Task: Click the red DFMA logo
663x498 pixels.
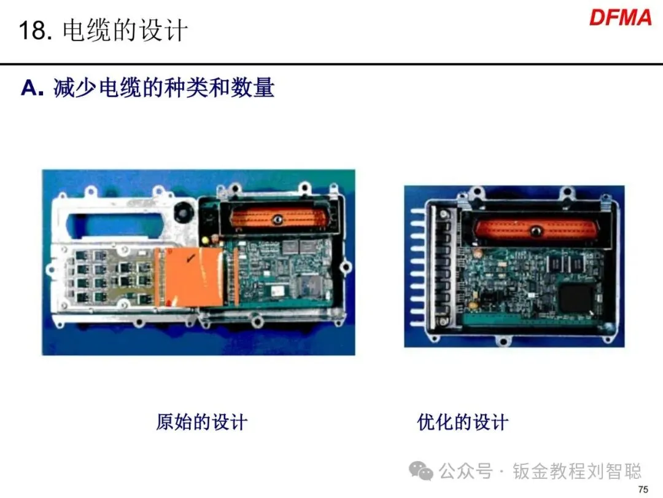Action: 620,18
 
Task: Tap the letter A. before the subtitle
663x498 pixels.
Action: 32,88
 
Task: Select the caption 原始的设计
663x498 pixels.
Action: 201,422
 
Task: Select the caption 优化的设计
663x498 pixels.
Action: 463,422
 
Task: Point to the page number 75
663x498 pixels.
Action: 643,489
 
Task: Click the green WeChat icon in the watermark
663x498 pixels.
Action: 421,471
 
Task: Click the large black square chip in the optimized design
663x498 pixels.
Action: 575,298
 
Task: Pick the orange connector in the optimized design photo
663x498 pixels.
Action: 536,231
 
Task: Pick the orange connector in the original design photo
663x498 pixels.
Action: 279,219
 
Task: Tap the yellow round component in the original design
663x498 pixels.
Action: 206,240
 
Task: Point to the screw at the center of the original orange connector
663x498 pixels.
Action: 278,219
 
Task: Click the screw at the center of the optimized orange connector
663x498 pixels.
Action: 536,231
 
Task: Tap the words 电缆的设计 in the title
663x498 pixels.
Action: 125,31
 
